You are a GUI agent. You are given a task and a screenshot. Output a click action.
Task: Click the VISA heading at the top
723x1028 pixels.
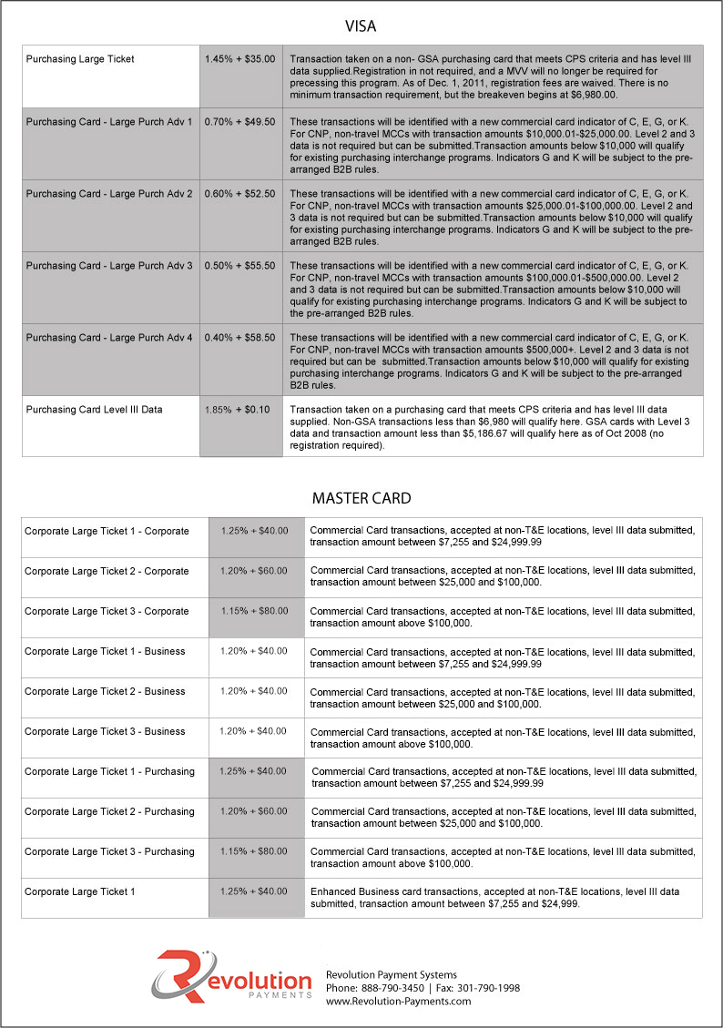tap(361, 25)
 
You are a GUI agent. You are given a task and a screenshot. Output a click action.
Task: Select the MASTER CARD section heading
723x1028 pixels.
tap(361, 498)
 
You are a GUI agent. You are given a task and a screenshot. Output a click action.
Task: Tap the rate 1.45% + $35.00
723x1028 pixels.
tap(239, 59)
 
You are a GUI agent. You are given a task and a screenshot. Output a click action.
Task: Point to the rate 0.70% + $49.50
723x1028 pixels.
tap(239, 121)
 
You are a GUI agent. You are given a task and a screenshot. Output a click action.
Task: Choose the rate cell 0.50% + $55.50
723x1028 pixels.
tap(239, 265)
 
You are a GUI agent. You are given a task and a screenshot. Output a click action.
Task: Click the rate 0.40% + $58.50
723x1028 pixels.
tap(239, 338)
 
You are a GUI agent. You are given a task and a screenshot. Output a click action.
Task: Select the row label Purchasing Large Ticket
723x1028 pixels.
tap(80, 59)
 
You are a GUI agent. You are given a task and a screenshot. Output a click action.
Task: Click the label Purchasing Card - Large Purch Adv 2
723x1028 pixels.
tap(109, 194)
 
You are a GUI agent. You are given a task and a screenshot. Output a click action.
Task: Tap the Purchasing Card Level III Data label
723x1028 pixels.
tap(94, 410)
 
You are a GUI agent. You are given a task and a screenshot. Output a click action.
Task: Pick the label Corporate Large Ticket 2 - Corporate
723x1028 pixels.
tap(107, 571)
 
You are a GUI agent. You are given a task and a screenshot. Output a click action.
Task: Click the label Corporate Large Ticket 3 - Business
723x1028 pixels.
tap(105, 731)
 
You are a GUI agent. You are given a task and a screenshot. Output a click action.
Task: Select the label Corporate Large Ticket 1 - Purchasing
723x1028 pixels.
tap(109, 771)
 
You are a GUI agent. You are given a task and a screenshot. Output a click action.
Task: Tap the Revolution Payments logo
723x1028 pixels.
tap(231, 976)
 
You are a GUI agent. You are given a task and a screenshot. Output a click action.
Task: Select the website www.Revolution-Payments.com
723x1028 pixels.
tap(399, 1001)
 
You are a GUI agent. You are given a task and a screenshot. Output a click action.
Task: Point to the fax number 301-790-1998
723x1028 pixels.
tap(490, 988)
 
